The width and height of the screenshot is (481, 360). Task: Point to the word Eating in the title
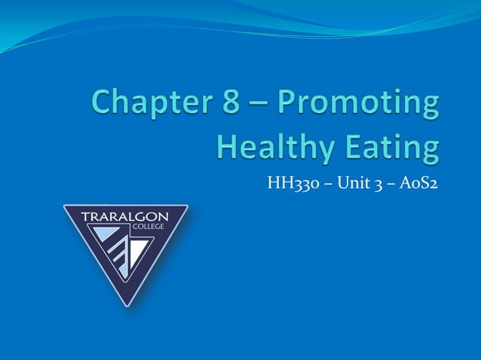[x=391, y=147]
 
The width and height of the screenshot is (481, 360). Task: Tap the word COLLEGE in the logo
[x=147, y=227]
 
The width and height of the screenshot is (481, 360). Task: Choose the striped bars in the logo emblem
[x=118, y=255]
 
